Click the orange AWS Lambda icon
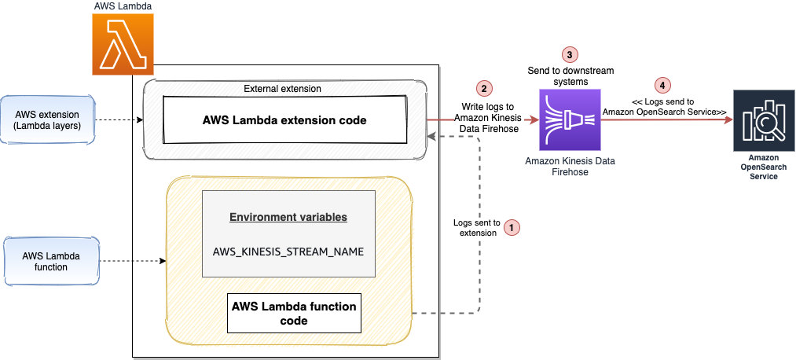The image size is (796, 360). [x=123, y=45]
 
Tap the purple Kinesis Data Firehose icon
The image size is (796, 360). [x=570, y=120]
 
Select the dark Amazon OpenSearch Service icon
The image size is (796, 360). [x=764, y=120]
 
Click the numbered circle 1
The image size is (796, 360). [x=512, y=228]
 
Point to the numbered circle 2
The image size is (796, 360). [x=484, y=88]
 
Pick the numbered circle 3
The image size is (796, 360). [x=570, y=53]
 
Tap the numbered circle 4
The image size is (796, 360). [x=660, y=86]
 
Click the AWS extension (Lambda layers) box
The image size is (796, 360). [x=47, y=120]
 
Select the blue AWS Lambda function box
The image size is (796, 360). [x=51, y=261]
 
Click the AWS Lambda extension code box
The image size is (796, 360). [x=284, y=120]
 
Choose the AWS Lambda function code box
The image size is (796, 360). [x=294, y=314]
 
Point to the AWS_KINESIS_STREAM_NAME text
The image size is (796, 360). [x=288, y=252]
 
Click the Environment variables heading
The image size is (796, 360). [x=288, y=217]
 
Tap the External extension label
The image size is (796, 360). [x=282, y=88]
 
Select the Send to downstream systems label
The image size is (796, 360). [x=570, y=75]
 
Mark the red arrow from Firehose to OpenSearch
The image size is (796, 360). [x=667, y=120]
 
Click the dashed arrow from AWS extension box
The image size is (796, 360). [x=119, y=120]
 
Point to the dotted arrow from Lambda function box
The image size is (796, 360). [x=133, y=261]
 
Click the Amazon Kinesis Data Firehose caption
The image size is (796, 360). [x=570, y=167]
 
